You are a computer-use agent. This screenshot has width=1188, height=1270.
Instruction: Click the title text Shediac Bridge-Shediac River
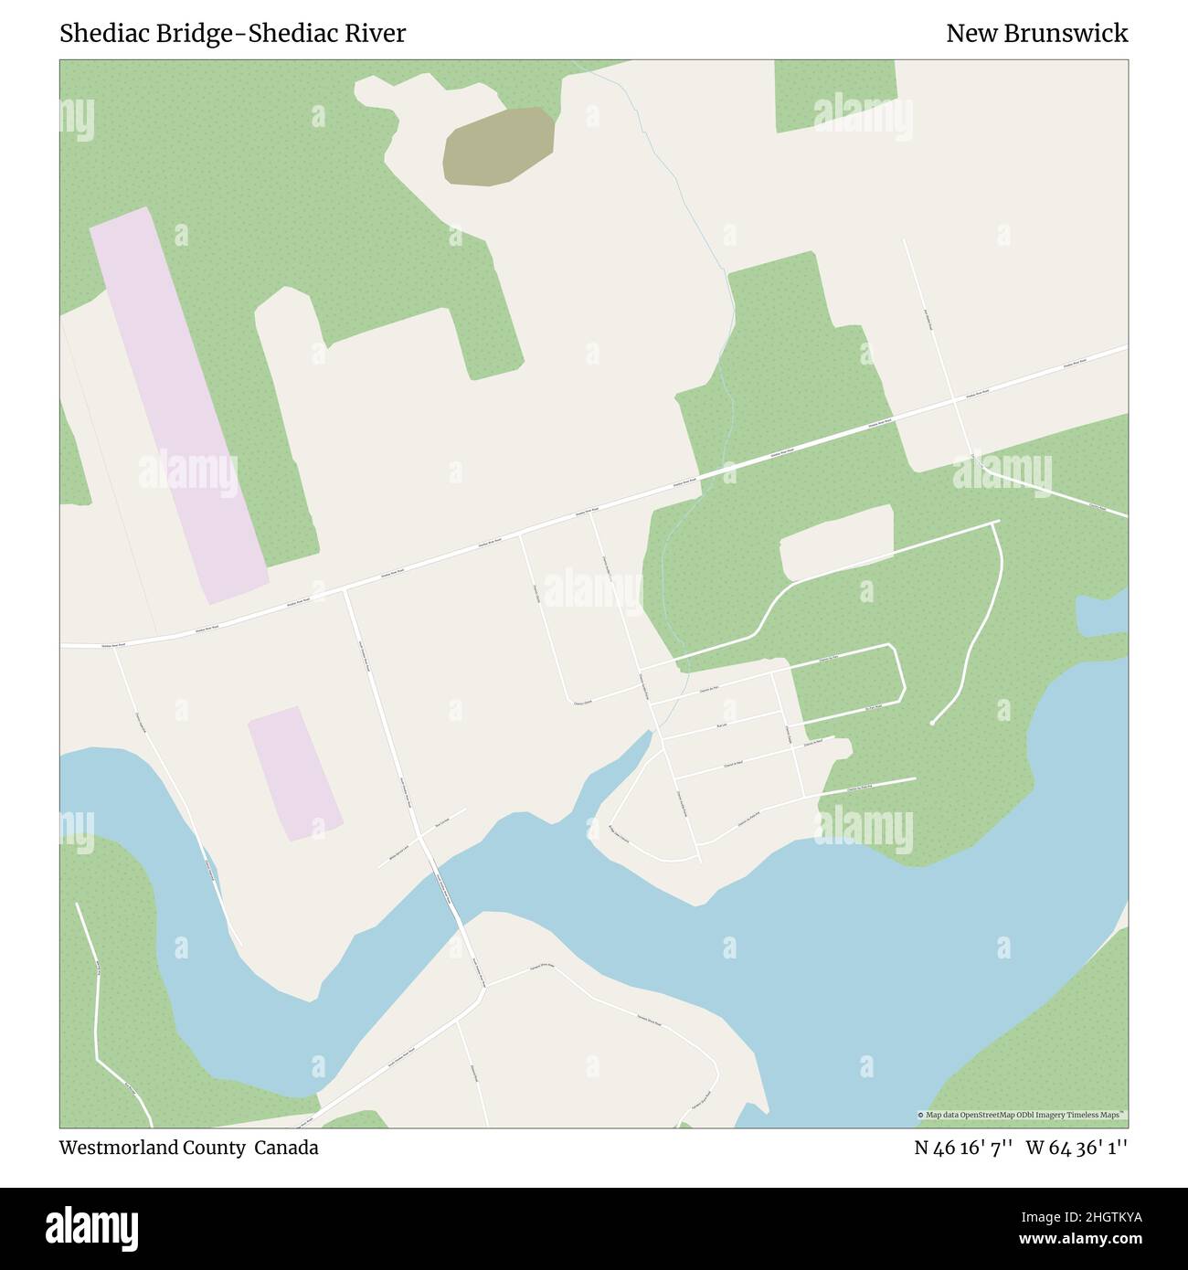pyautogui.click(x=233, y=34)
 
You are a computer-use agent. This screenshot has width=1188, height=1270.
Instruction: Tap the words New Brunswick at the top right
pyautogui.click(x=1036, y=34)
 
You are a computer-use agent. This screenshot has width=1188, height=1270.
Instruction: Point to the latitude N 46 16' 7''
pyautogui.click(x=963, y=1148)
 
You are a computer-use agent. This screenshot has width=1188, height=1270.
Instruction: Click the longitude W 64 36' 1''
pyautogui.click(x=1077, y=1148)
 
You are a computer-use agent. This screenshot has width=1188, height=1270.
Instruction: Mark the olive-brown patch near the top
pyautogui.click(x=499, y=144)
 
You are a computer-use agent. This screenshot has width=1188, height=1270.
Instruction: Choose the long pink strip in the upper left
pyautogui.click(x=177, y=405)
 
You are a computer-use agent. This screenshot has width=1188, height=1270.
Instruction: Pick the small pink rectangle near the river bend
pyautogui.click(x=294, y=773)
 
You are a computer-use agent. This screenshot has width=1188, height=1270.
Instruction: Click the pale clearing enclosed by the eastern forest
pyautogui.click(x=835, y=542)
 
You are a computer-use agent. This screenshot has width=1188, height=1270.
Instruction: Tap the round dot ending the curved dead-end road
pyautogui.click(x=931, y=724)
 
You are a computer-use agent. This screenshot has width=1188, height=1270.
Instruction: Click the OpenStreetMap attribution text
pyautogui.click(x=1022, y=1115)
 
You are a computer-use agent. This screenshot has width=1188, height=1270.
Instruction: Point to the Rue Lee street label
pyautogui.click(x=721, y=725)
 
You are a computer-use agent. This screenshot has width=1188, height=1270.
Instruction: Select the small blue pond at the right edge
pyautogui.click(x=1102, y=615)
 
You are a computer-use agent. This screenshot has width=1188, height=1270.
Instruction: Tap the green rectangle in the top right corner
pyautogui.click(x=834, y=95)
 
